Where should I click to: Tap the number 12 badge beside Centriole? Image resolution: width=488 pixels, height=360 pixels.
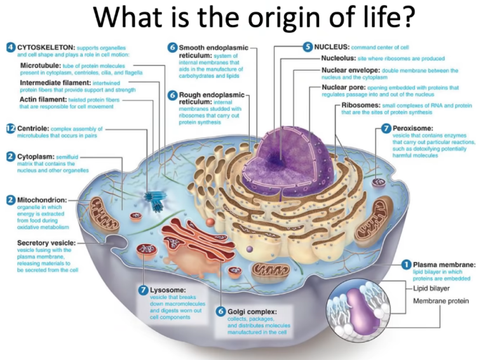click(10, 128)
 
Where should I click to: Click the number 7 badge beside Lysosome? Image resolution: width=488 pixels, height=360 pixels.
click(143, 290)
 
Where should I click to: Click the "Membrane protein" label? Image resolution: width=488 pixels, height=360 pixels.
click(440, 301)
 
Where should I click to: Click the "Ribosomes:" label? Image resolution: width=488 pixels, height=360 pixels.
click(361, 105)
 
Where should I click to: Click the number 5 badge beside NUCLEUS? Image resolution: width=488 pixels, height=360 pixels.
click(308, 47)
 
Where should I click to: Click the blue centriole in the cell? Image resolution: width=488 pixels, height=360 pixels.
click(154, 196)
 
